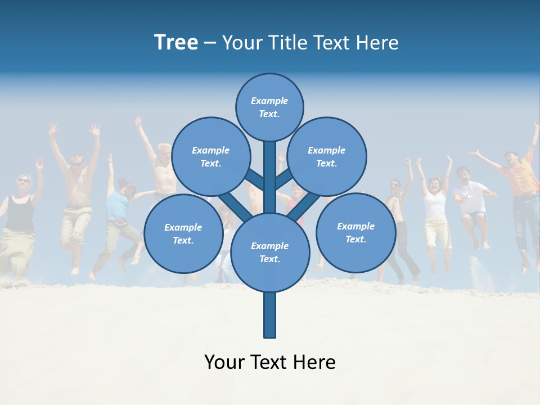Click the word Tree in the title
coord(176,43)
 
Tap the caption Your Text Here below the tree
coord(270,362)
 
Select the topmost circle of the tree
coord(269,107)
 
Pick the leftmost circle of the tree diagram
coord(183,233)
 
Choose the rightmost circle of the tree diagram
coord(355,232)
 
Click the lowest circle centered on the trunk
coord(270,253)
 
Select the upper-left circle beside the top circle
coord(210,156)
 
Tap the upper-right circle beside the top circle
coord(326,156)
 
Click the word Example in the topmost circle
coord(269,101)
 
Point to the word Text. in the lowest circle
coord(269,259)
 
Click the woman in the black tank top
coord(21,214)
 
